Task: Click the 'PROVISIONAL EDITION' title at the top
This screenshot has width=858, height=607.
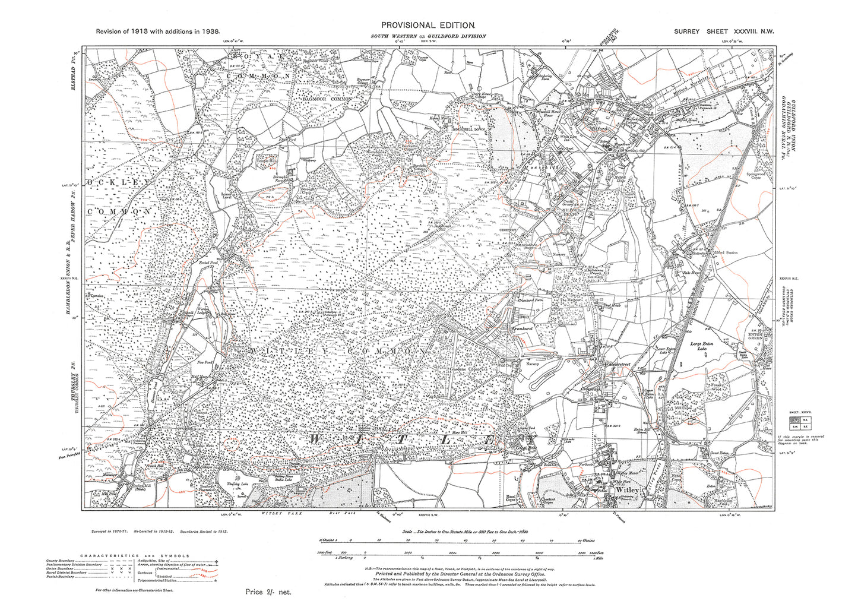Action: click(x=428, y=25)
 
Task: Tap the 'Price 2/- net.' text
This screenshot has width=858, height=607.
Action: click(x=268, y=592)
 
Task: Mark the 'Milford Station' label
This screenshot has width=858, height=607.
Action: click(x=724, y=253)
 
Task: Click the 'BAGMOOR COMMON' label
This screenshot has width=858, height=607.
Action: click(x=327, y=99)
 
